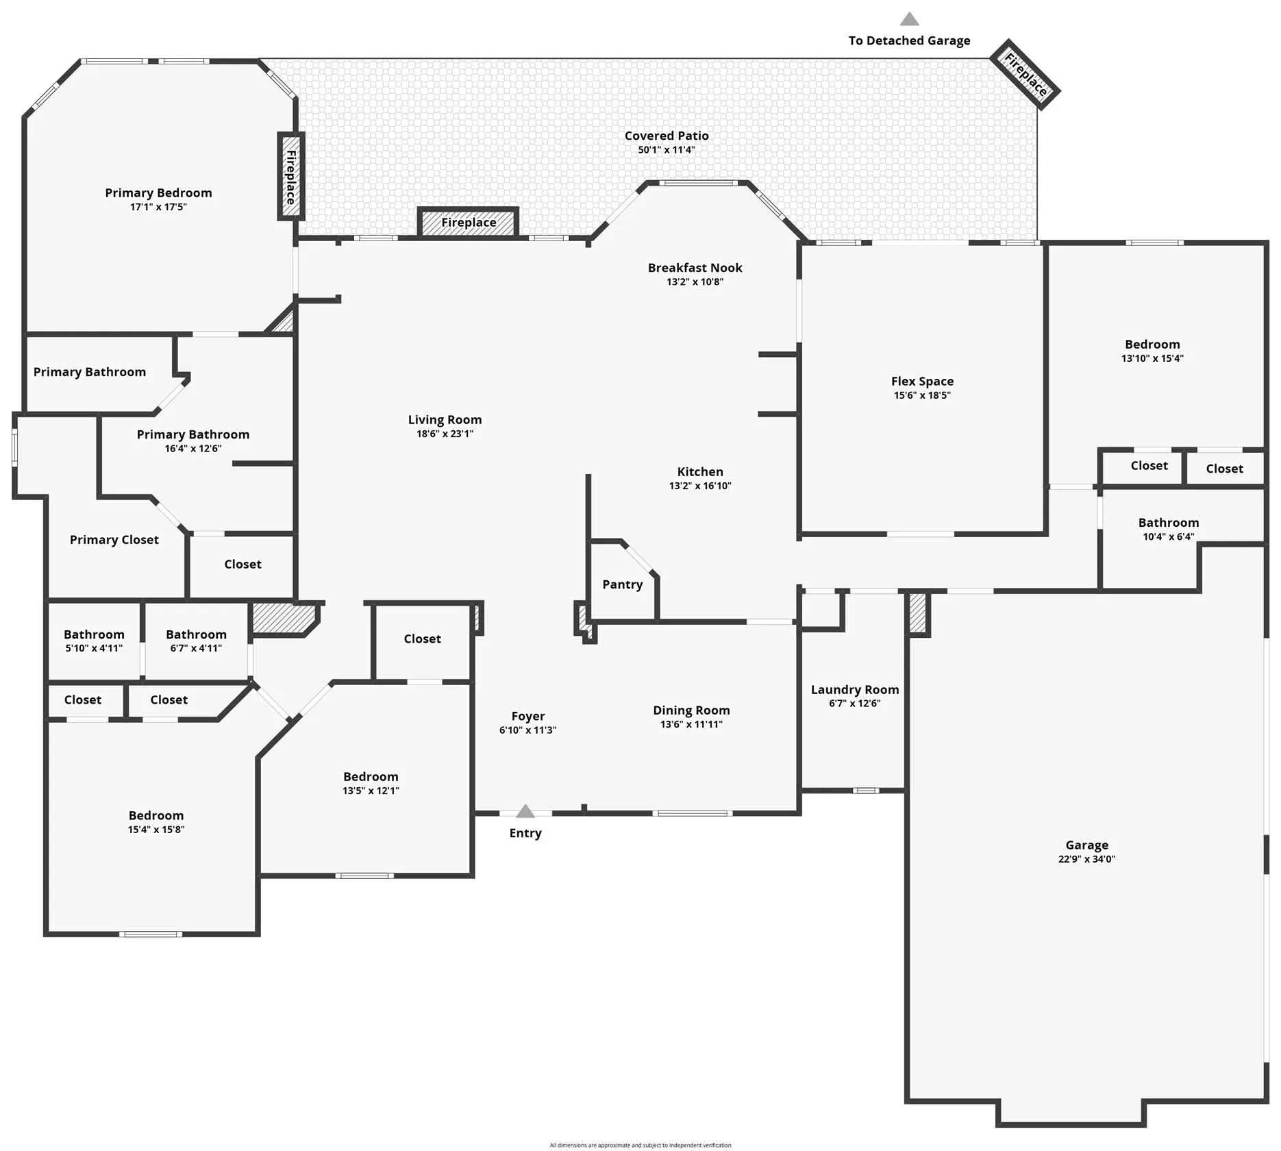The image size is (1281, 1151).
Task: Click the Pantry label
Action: point(623,584)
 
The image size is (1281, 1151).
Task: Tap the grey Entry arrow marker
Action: point(525,811)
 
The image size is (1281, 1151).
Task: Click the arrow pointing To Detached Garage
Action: point(909,19)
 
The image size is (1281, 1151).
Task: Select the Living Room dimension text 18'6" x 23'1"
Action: point(445,434)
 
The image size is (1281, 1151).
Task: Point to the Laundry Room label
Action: point(855,690)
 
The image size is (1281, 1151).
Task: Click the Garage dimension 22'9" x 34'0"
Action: point(1086,859)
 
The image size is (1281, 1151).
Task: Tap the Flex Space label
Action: point(922,382)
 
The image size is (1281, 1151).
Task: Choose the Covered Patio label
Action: point(667,136)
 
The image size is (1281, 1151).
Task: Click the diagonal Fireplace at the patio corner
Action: point(1025,75)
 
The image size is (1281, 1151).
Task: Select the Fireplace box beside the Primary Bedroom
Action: point(290,176)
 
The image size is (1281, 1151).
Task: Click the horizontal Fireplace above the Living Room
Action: point(469,223)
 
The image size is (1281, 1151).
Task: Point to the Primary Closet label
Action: point(114,540)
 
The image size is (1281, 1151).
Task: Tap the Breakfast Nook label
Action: point(695,268)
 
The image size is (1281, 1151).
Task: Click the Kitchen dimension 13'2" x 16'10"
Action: point(700,486)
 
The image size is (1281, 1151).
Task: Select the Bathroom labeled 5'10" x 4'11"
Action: point(94,641)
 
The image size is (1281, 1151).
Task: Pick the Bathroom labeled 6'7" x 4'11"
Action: point(196,641)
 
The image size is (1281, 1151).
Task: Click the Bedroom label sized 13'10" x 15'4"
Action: point(1152,345)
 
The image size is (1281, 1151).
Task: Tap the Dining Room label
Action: point(691,710)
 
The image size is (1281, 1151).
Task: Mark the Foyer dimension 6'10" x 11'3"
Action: point(527,730)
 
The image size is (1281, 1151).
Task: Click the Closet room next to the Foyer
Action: point(423,642)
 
